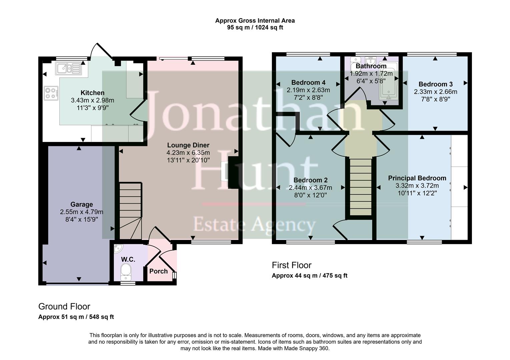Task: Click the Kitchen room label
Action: [92, 93]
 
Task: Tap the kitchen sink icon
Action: [68, 69]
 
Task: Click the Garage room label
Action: [81, 205]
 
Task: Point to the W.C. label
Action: [128, 259]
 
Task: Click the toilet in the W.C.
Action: [126, 271]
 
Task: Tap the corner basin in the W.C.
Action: [118, 249]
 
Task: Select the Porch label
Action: [158, 271]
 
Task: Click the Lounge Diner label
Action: [188, 145]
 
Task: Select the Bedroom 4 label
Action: [308, 83]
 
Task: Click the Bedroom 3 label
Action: [435, 84]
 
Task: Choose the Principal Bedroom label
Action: [417, 178]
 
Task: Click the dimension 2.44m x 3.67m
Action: [310, 188]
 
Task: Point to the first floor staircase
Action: [361, 187]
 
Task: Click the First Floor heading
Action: [292, 265]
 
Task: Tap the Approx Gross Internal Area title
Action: [255, 21]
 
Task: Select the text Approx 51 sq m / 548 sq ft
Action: [76, 317]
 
